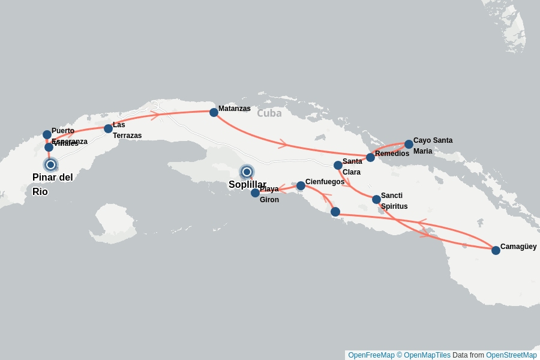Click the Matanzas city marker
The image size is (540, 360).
coord(214,112)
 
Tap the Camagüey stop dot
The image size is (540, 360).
coord(496,250)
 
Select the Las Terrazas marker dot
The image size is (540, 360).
coord(108,128)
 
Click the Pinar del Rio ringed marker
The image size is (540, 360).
coord(50,164)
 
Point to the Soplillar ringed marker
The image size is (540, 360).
coord(247,172)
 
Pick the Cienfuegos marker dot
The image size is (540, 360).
coord(301,186)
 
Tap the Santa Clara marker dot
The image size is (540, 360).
coord(338,165)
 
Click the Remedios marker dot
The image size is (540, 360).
coord(370,157)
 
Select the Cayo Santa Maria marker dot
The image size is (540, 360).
coord(409,144)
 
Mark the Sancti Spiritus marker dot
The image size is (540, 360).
coord(376,199)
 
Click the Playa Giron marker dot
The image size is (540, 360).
coord(255,193)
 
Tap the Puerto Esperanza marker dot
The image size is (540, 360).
coord(47,134)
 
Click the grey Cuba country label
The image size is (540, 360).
coord(269,113)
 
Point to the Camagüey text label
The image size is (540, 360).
coord(518,247)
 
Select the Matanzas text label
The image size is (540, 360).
coord(235,109)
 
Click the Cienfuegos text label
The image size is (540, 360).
coord(325,182)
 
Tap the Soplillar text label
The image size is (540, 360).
coord(247,185)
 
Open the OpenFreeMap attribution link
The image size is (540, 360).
coord(371,355)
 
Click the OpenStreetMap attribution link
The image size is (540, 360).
coord(511,355)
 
